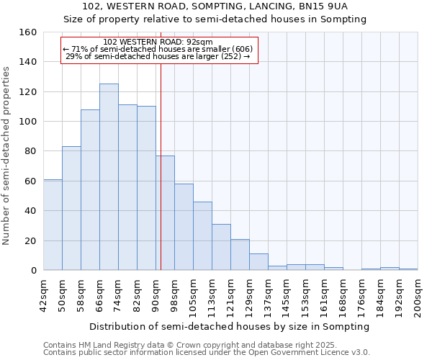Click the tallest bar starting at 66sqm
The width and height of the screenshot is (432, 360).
(109, 177)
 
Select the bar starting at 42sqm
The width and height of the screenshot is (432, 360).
(53, 225)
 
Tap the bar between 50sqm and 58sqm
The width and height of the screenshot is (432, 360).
(71, 208)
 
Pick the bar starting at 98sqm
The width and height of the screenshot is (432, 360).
(184, 227)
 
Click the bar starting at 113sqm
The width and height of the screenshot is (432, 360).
(221, 247)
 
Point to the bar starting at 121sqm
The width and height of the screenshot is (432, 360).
(240, 254)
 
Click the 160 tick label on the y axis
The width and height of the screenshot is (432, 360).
(27, 32)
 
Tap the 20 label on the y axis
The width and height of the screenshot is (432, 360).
(30, 240)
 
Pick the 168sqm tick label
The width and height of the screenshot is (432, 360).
(343, 296)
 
